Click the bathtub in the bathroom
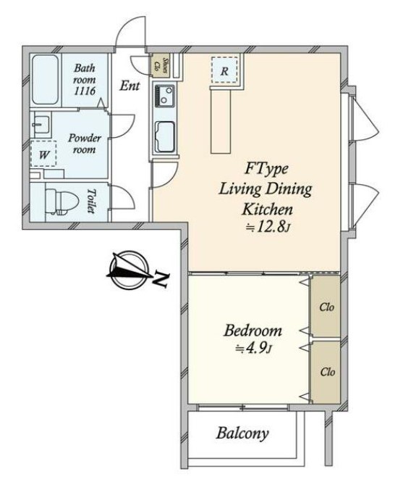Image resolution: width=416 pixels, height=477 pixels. (x=45, y=80)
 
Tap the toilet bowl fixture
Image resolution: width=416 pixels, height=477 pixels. (x=61, y=202)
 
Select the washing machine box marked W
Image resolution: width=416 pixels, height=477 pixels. (x=43, y=154)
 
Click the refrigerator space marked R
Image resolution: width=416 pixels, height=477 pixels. (x=224, y=70)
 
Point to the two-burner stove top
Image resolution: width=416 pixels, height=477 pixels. (x=165, y=96)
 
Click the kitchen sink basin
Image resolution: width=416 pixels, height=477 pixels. (x=165, y=137)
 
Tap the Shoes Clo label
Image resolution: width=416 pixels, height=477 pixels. (x=161, y=65)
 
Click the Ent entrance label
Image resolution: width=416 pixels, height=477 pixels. (x=130, y=86)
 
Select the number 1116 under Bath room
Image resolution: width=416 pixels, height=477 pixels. (x=85, y=91)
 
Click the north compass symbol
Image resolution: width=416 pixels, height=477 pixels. (x=130, y=269)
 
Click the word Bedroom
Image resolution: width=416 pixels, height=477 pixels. (x=252, y=331)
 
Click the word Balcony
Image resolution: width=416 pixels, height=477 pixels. (x=242, y=434)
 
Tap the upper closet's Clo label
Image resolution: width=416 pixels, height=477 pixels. (x=327, y=307)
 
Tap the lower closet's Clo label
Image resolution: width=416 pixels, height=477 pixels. (x=328, y=372)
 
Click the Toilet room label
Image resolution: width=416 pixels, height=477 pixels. (x=92, y=201)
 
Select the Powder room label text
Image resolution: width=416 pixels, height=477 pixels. (x=85, y=144)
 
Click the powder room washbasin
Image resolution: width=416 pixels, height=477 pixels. (x=41, y=125)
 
